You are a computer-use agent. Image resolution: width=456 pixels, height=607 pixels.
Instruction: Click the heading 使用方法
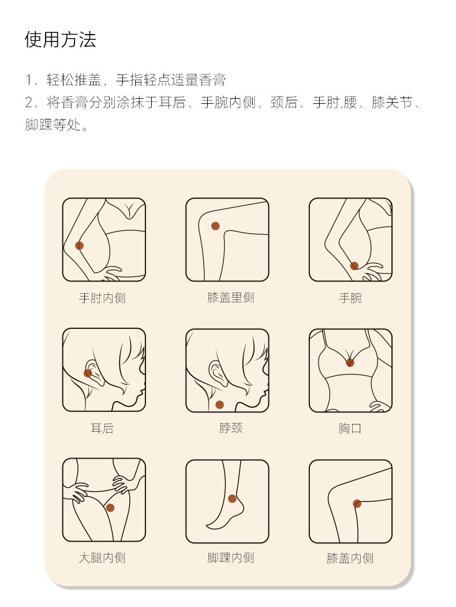coord(60,39)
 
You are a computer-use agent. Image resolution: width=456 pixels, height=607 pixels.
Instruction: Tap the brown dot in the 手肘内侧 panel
coord(80,245)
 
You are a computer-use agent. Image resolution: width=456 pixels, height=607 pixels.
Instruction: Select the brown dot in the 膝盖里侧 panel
coord(215,226)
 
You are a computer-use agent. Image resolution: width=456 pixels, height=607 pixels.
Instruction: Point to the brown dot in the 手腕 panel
coord(354,266)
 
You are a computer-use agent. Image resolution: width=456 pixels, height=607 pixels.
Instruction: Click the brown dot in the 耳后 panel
coord(88,373)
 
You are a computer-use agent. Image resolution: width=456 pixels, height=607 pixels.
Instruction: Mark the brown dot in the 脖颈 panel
coord(220,405)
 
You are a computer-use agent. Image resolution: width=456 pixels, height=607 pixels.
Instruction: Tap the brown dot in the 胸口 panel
coord(350,363)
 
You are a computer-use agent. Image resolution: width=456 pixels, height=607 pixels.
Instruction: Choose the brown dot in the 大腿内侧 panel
coord(110,508)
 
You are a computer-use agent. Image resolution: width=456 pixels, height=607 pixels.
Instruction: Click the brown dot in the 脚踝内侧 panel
coord(232,499)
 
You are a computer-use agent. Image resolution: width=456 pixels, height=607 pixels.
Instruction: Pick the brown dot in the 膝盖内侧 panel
coord(357,504)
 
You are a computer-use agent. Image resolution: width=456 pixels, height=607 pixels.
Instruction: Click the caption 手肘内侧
coord(102,298)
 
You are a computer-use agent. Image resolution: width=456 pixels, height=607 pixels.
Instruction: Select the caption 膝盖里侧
coord(231,297)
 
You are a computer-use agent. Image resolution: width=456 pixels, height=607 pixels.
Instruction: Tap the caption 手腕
coord(350,298)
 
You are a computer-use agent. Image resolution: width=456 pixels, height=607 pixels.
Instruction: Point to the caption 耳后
coord(102,428)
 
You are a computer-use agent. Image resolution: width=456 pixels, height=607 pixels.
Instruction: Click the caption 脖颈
coord(231,428)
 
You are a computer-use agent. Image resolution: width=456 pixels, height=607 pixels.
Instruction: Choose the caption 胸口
coord(350,428)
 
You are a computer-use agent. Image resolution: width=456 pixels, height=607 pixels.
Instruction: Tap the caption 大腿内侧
coord(102,558)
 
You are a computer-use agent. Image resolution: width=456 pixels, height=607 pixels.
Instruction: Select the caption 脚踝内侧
coord(231,558)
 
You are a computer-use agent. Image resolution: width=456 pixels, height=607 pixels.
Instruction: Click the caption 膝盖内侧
coord(350,558)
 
